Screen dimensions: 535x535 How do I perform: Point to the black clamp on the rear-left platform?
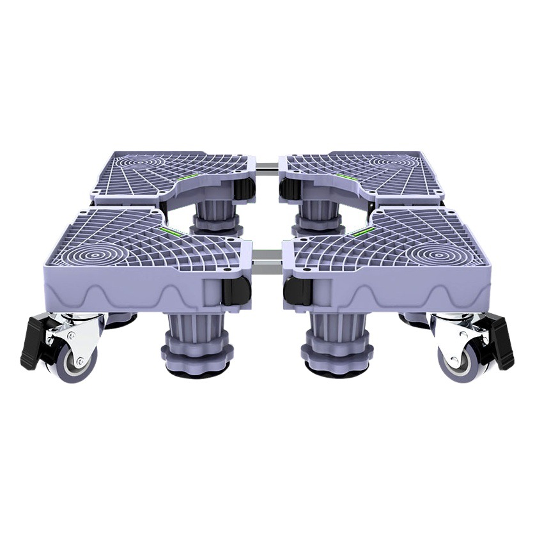point(244,189)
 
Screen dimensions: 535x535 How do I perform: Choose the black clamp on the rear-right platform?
point(290,188)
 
